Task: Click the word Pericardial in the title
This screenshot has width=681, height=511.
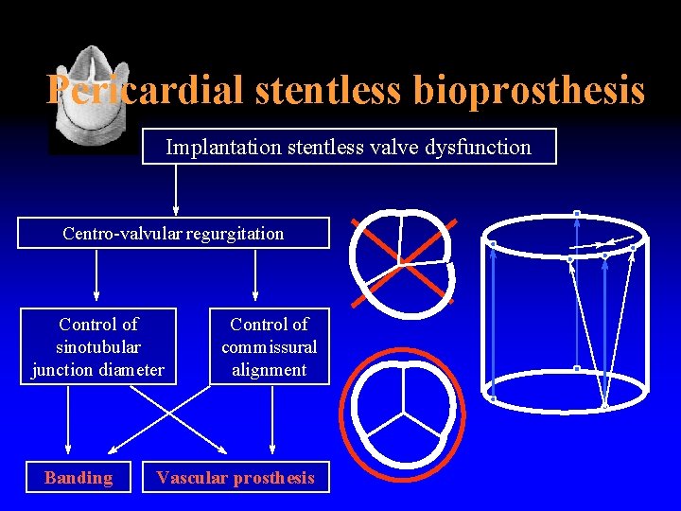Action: [x=142, y=91]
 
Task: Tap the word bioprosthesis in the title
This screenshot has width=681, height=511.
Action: [x=529, y=91]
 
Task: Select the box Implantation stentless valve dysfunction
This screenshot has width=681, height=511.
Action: [x=349, y=147]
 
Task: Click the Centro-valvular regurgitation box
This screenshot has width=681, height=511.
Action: [x=173, y=233]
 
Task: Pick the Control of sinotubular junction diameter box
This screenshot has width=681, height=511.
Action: [x=98, y=346]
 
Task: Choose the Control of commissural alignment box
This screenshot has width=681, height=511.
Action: [x=269, y=346]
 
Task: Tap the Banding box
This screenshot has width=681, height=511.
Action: [x=79, y=478]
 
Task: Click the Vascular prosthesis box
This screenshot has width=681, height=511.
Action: [x=236, y=478]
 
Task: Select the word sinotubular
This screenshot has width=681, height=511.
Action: [x=98, y=346]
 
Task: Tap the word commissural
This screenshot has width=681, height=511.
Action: [x=269, y=346]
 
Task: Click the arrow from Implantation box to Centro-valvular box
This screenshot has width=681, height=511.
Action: [x=176, y=189]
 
